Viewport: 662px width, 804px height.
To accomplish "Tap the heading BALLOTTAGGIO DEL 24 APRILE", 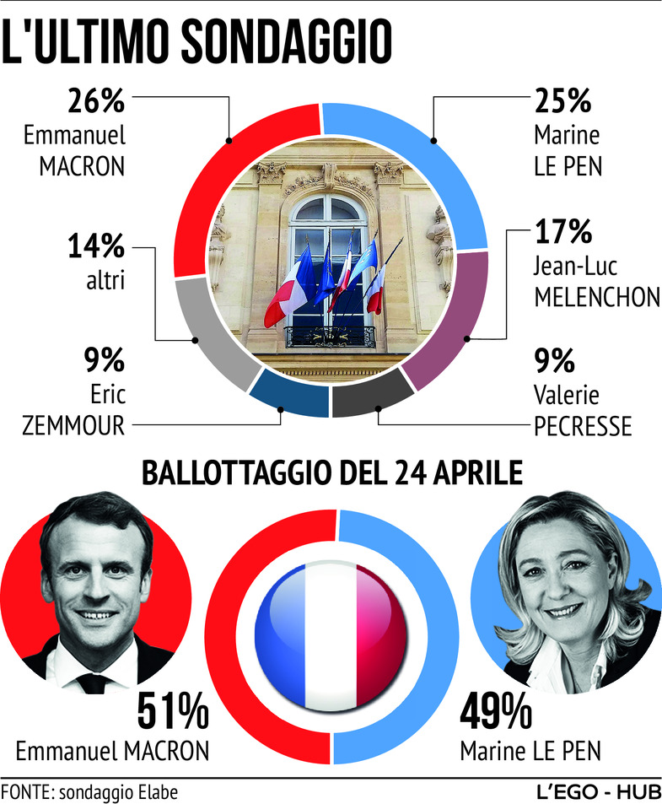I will pos(331,472).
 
